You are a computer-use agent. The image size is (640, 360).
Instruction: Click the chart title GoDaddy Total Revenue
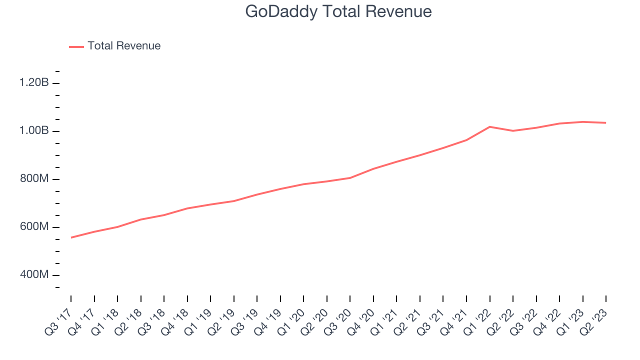(x=338, y=11)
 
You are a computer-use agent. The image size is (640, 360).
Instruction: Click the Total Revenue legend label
(x=124, y=46)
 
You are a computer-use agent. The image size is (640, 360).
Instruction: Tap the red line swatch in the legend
(x=76, y=46)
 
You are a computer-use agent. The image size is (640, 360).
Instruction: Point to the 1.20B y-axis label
(x=34, y=83)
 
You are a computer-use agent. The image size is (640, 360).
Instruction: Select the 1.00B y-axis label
(x=34, y=131)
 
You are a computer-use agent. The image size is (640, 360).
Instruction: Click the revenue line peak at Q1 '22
(x=489, y=126)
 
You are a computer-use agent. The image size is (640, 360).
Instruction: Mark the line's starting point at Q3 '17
(x=71, y=237)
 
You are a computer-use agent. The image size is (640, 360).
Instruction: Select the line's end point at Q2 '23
(x=606, y=122)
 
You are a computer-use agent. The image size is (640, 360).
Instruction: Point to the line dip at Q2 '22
(x=513, y=130)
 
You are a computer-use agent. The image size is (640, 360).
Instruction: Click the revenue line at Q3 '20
(x=350, y=177)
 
